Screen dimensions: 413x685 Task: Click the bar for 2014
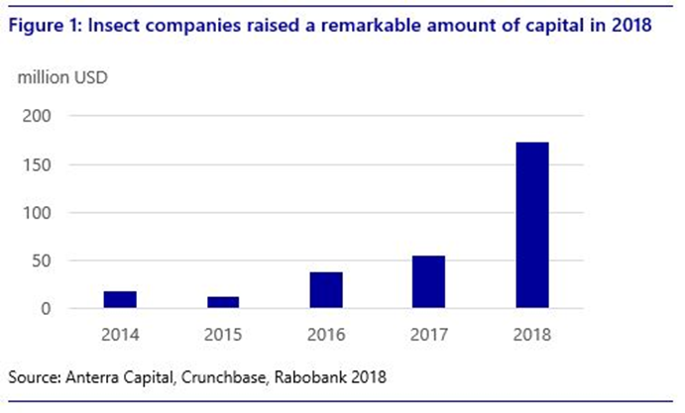(120, 300)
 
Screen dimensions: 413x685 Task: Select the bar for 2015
(223, 303)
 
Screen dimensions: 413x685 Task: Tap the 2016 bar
(326, 290)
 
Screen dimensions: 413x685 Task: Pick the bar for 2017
(429, 282)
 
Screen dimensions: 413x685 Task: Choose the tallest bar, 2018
(532, 226)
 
